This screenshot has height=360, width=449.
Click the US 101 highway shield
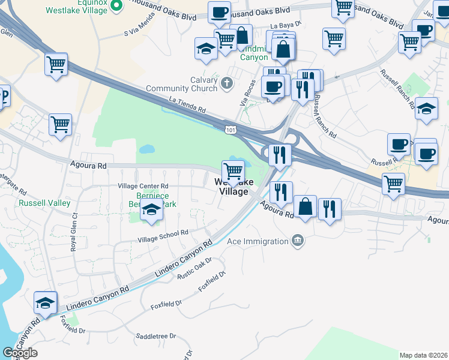tap(231, 129)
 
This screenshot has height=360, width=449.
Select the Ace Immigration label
tap(258, 242)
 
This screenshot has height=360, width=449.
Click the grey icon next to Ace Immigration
tap(297, 241)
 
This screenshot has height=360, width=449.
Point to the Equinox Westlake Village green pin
tap(117, 6)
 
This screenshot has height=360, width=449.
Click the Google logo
tap(20, 353)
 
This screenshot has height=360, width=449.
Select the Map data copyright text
tap(424, 355)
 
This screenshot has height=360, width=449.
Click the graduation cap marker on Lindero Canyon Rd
tap(45, 303)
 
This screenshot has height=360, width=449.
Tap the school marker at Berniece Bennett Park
tap(151, 211)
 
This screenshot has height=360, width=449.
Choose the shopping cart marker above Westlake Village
tap(233, 172)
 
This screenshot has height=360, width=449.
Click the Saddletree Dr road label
tap(155, 336)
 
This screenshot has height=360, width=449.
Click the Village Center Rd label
tap(143, 186)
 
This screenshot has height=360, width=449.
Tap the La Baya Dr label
tap(285, 26)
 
